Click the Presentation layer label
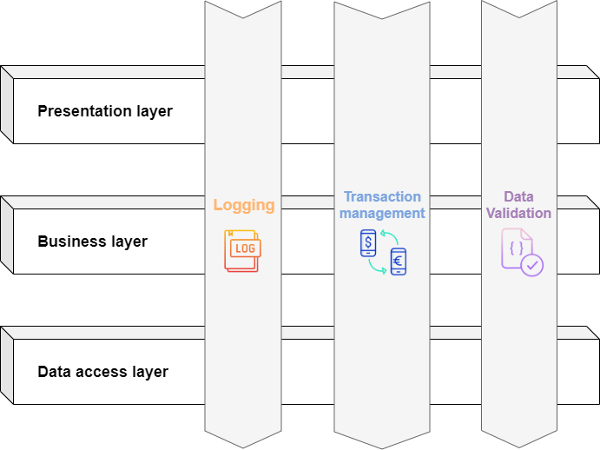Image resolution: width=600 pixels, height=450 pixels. pyautogui.click(x=105, y=111)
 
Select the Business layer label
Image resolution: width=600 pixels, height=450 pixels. pyautogui.click(x=92, y=242)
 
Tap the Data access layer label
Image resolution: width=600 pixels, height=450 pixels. pyautogui.click(x=102, y=372)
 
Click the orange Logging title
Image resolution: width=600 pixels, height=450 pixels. pyautogui.click(x=244, y=206)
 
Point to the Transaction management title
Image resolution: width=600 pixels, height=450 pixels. pyautogui.click(x=382, y=205)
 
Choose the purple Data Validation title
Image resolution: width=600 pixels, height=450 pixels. pyautogui.click(x=518, y=205)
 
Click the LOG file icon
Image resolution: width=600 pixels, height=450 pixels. pyautogui.click(x=242, y=251)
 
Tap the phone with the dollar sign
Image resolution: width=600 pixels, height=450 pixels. pyautogui.click(x=368, y=243)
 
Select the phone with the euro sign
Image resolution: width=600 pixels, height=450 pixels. pyautogui.click(x=398, y=261)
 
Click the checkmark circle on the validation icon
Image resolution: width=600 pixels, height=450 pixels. pyautogui.click(x=531, y=264)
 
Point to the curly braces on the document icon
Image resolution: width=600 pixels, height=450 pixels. pyautogui.click(x=516, y=248)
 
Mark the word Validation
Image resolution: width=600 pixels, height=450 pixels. pyautogui.click(x=518, y=213)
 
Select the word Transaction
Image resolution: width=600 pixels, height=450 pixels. pyautogui.click(x=382, y=197)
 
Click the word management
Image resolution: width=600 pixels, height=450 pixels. pyautogui.click(x=382, y=213)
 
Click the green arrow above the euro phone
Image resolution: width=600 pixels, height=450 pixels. pyautogui.click(x=389, y=237)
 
